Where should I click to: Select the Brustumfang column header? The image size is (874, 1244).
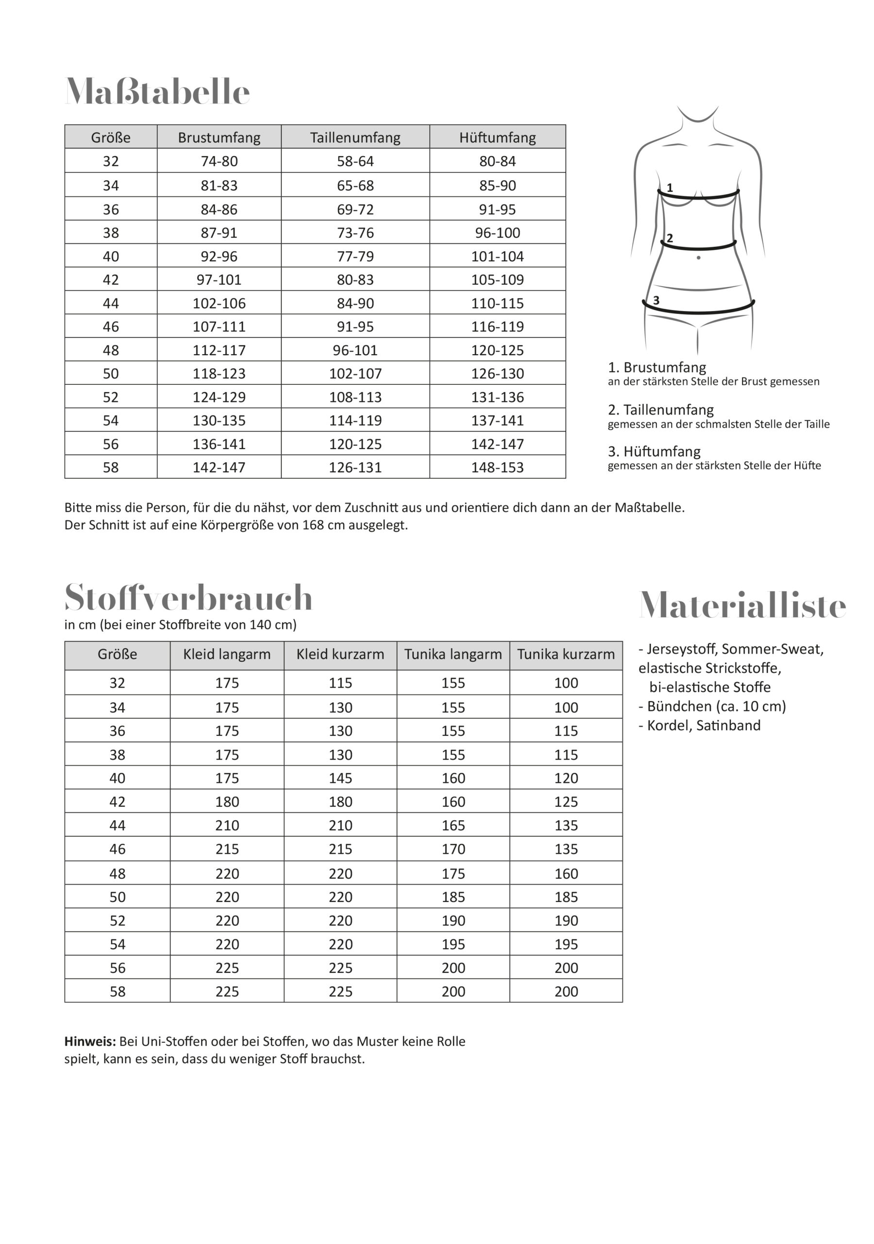pyautogui.click(x=219, y=138)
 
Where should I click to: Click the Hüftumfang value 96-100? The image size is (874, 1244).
pyautogui.click(x=497, y=233)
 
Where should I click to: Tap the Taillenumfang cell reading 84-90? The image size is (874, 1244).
pyautogui.click(x=355, y=303)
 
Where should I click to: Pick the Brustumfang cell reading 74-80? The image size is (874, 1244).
pyautogui.click(x=219, y=161)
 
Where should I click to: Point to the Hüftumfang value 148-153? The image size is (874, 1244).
pyautogui.click(x=497, y=467)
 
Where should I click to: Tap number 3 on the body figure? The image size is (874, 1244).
pyautogui.click(x=656, y=300)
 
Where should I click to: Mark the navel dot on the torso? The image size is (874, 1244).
pyautogui.click(x=699, y=258)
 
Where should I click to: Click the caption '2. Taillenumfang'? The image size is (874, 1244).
pyautogui.click(x=661, y=410)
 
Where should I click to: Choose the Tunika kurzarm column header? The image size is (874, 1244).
pyautogui.click(x=566, y=655)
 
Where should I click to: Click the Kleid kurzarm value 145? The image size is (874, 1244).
pyautogui.click(x=340, y=778)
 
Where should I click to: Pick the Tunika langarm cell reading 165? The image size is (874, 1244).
pyautogui.click(x=453, y=826)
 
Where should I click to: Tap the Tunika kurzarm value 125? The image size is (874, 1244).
pyautogui.click(x=566, y=802)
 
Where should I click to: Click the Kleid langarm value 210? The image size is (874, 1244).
pyautogui.click(x=227, y=826)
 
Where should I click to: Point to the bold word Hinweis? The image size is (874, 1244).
pyautogui.click(x=90, y=1042)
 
